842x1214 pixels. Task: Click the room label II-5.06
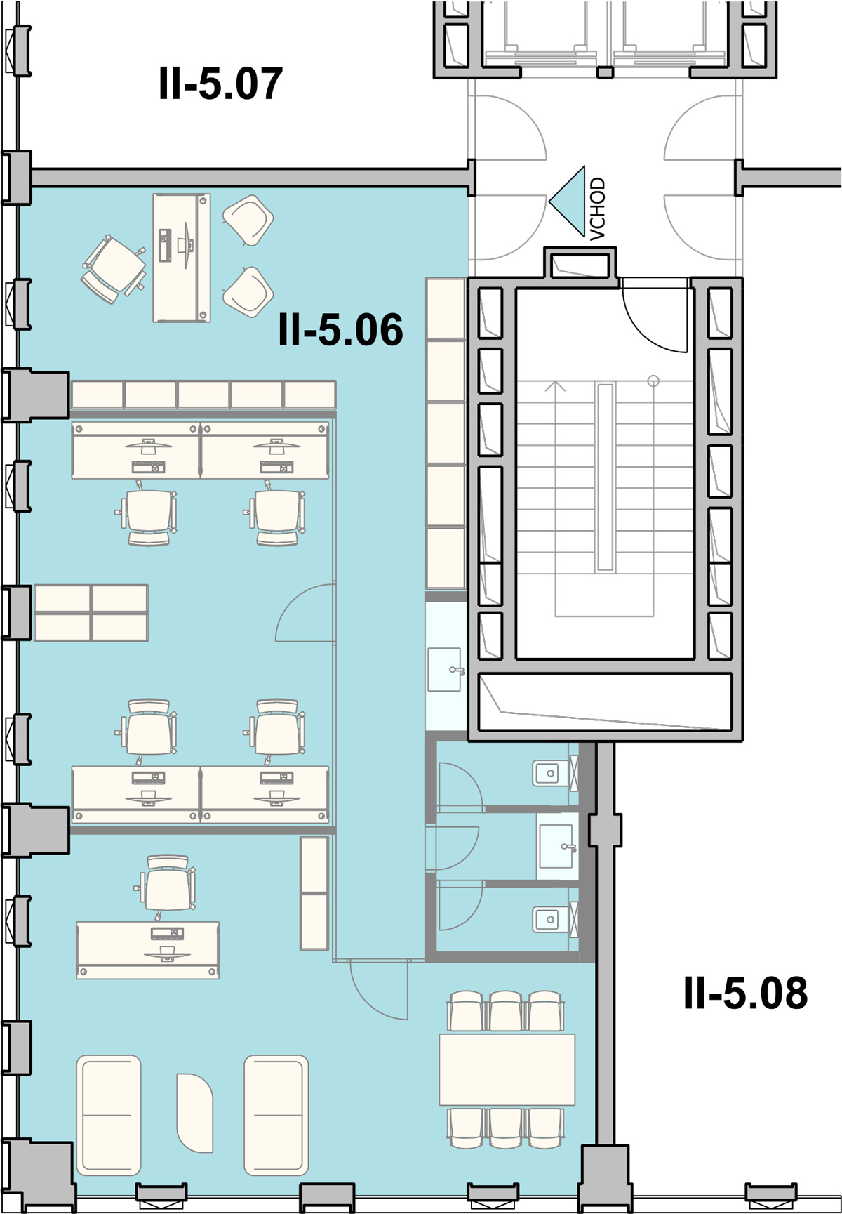(x=340, y=329)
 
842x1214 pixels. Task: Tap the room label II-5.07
(x=220, y=83)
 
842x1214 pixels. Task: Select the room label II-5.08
(x=745, y=993)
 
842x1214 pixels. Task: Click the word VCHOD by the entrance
(x=597, y=209)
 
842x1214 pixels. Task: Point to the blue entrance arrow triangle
(x=567, y=202)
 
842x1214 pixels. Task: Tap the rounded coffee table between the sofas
(x=194, y=1112)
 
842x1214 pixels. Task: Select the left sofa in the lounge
(x=109, y=1115)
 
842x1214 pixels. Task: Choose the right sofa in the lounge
(x=276, y=1115)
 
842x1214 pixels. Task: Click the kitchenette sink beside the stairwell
(x=445, y=669)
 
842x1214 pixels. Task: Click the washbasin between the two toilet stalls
(x=557, y=846)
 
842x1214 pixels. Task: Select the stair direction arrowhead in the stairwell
(x=556, y=385)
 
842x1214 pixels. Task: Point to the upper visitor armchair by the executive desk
(x=248, y=220)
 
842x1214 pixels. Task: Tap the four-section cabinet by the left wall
(x=91, y=613)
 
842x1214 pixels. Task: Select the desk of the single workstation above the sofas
(x=147, y=950)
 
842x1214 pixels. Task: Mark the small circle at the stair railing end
(x=653, y=381)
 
